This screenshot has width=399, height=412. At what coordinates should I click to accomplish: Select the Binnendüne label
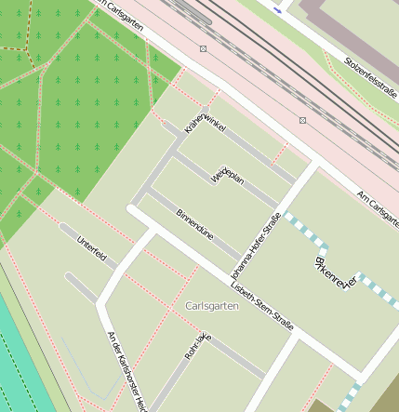194,225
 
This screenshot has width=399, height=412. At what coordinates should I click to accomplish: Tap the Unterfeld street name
91,249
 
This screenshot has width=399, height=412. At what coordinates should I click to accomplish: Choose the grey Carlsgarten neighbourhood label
212,306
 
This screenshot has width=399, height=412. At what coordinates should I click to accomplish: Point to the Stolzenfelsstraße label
370,77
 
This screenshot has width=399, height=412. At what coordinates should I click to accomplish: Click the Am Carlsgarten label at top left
118,16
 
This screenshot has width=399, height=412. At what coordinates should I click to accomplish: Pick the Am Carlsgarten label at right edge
379,207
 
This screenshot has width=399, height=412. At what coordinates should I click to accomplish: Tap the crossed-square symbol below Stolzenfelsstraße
302,120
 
